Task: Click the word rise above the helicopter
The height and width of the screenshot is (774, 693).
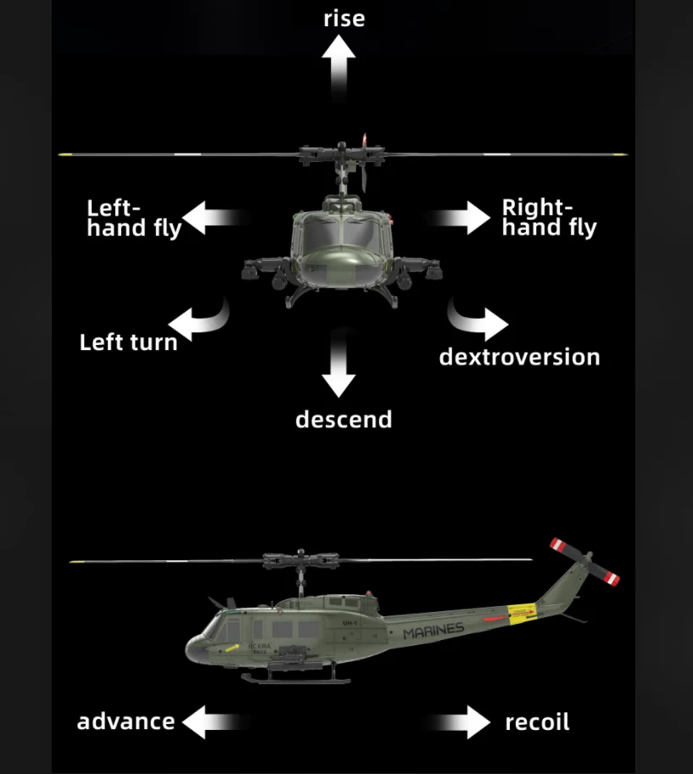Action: [344, 18]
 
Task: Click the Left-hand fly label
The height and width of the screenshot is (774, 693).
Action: [134, 218]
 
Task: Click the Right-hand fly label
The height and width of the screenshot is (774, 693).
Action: [549, 218]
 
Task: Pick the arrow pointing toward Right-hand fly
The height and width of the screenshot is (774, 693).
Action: [462, 218]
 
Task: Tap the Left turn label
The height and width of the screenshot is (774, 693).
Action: [128, 342]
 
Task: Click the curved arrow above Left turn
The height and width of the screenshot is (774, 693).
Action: [200, 319]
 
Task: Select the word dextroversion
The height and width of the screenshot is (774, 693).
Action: [519, 357]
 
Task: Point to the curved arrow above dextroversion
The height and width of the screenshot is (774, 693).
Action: [477, 320]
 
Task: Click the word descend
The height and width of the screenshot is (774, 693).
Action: [344, 420]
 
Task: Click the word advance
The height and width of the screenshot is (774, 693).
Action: [126, 721]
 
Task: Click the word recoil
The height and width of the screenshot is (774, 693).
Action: [537, 722]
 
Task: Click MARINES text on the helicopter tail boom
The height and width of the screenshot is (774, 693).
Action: [433, 631]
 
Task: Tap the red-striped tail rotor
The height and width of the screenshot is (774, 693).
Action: [584, 561]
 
